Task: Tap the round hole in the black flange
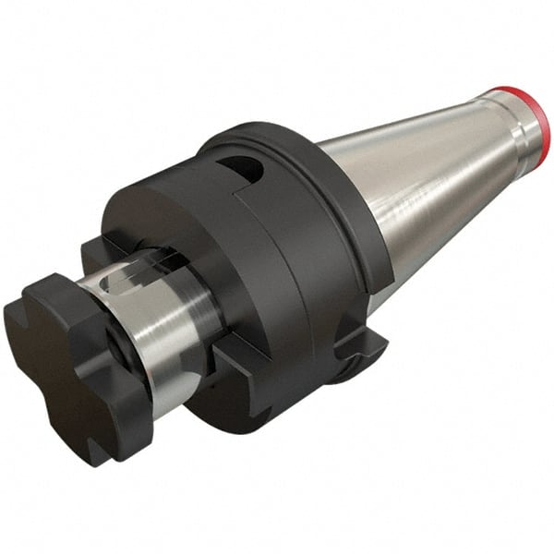[x=238, y=166]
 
